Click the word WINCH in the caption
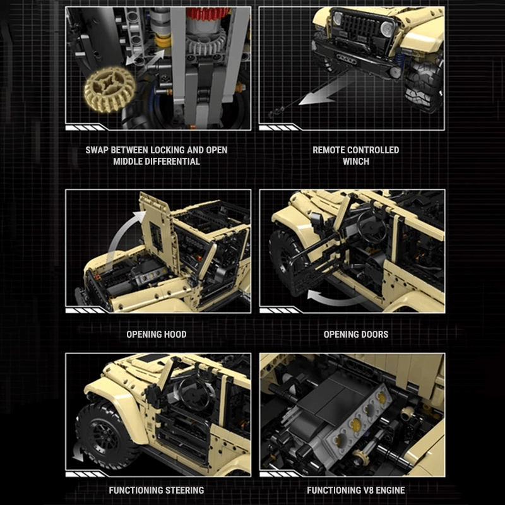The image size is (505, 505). tap(355, 162)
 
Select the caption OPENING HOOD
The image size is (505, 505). tap(156, 334)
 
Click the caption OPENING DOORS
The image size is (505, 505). tap(355, 334)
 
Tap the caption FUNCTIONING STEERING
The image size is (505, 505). tap(156, 490)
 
